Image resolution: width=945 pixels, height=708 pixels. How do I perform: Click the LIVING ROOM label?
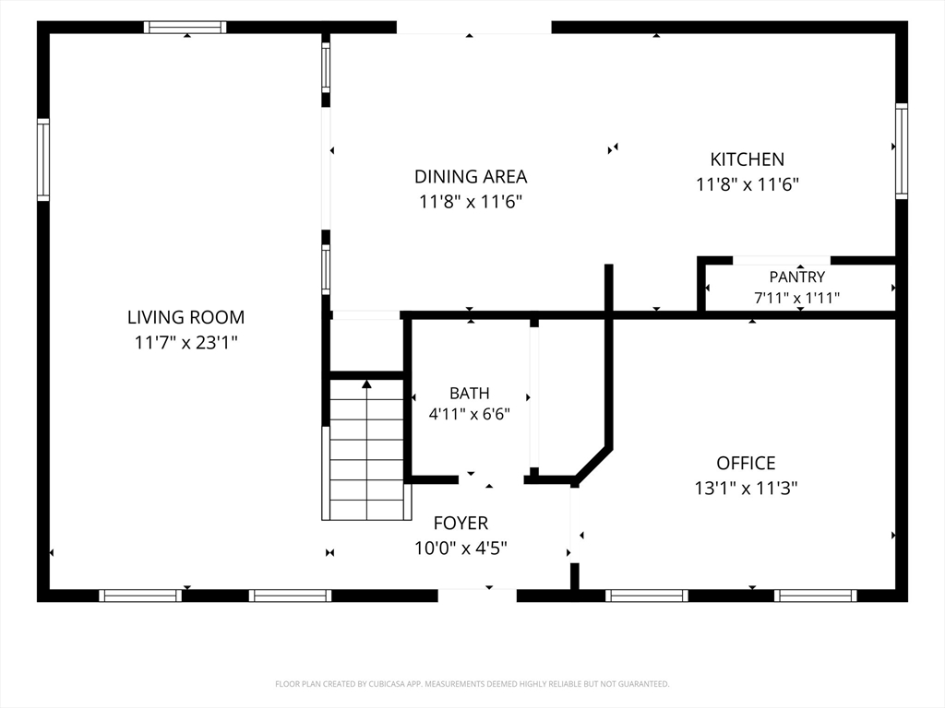coord(185,317)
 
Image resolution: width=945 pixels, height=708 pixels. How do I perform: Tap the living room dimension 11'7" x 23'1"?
coord(185,343)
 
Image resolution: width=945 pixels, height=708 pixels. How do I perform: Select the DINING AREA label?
coord(471,176)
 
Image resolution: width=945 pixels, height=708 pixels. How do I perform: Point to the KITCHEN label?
coord(748,159)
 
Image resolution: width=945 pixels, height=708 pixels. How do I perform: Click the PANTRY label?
coord(796,277)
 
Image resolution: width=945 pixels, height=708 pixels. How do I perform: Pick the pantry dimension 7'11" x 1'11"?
coord(796,298)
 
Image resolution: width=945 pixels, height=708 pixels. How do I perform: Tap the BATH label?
coord(470,393)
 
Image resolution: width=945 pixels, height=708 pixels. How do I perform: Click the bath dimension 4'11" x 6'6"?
coord(470,414)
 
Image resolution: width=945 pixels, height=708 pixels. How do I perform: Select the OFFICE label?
coord(746,463)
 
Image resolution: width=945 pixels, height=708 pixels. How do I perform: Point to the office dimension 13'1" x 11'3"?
coord(746,489)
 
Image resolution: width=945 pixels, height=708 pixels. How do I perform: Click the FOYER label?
coord(461,524)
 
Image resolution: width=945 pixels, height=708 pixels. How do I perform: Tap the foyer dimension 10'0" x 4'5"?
coord(461,549)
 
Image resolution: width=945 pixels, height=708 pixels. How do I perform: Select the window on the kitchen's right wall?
coord(902,151)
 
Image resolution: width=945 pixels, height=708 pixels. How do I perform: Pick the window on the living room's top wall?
coord(185,27)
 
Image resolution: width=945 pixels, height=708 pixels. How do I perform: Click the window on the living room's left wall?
coord(43,159)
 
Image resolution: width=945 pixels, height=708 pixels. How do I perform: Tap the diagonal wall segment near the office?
coord(593,466)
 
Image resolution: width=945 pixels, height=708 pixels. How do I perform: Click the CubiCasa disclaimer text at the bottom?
coord(472,684)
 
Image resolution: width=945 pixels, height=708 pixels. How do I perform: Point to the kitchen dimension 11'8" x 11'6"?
coord(748,184)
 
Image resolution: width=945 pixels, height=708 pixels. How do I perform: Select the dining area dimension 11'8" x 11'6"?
coord(471,201)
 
